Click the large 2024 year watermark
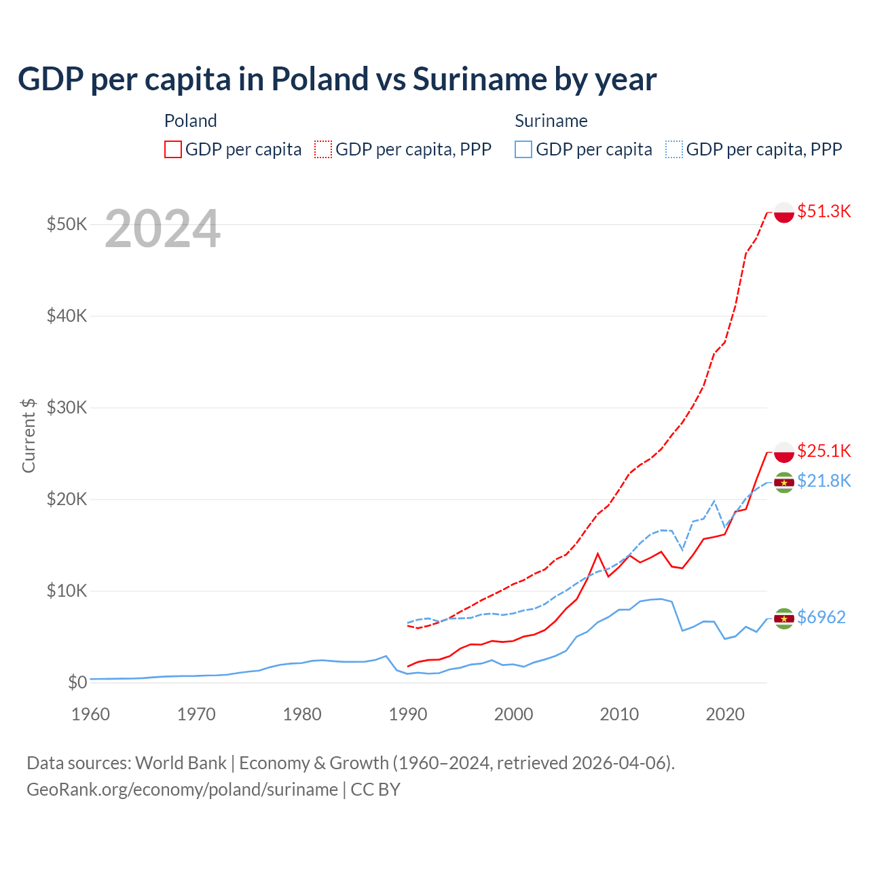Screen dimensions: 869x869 163,229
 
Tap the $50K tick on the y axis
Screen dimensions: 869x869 67,224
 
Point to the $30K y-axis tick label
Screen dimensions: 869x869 67,407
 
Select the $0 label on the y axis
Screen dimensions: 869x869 77,682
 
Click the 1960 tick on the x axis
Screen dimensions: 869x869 90,714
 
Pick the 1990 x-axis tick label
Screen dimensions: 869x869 408,714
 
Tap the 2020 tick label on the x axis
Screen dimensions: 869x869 725,714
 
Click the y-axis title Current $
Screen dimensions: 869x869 29,435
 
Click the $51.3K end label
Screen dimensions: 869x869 824,211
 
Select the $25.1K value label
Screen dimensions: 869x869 824,451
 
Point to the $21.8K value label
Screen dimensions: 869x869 824,481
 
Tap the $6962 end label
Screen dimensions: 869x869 821,617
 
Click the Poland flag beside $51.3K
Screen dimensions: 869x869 784,212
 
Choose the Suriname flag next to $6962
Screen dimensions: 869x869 784,618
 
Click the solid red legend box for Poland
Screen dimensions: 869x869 173,149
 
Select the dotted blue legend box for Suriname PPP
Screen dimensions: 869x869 674,149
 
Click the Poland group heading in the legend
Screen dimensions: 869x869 191,121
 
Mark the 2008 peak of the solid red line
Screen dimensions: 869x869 597,554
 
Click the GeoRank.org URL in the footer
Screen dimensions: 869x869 182,790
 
